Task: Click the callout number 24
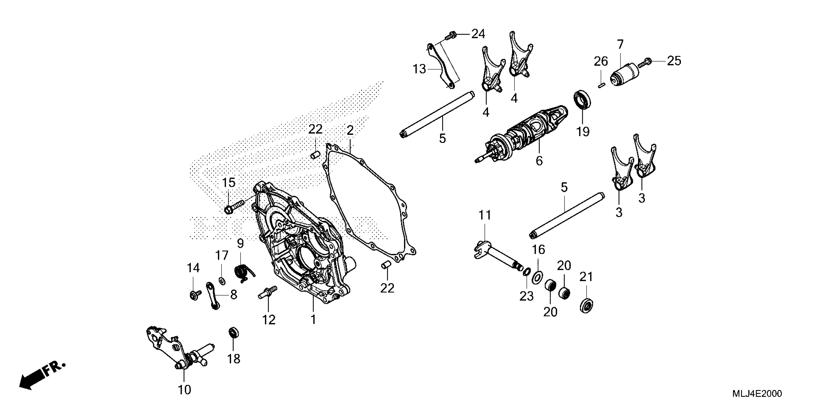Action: [478, 34]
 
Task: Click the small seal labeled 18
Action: [233, 333]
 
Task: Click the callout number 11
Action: [485, 215]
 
